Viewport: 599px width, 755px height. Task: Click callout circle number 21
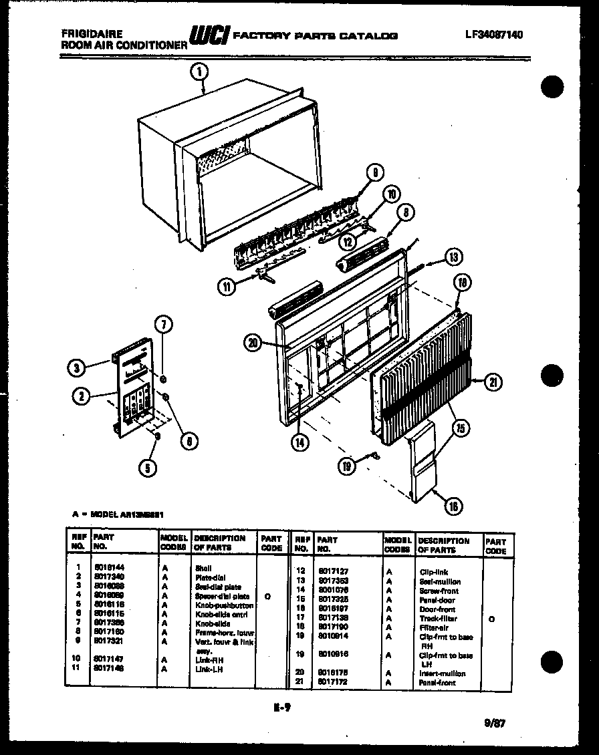[493, 382]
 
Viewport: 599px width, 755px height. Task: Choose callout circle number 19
[346, 467]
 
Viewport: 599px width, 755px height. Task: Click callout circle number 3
[78, 367]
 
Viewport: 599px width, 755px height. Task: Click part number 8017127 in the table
[332, 571]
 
